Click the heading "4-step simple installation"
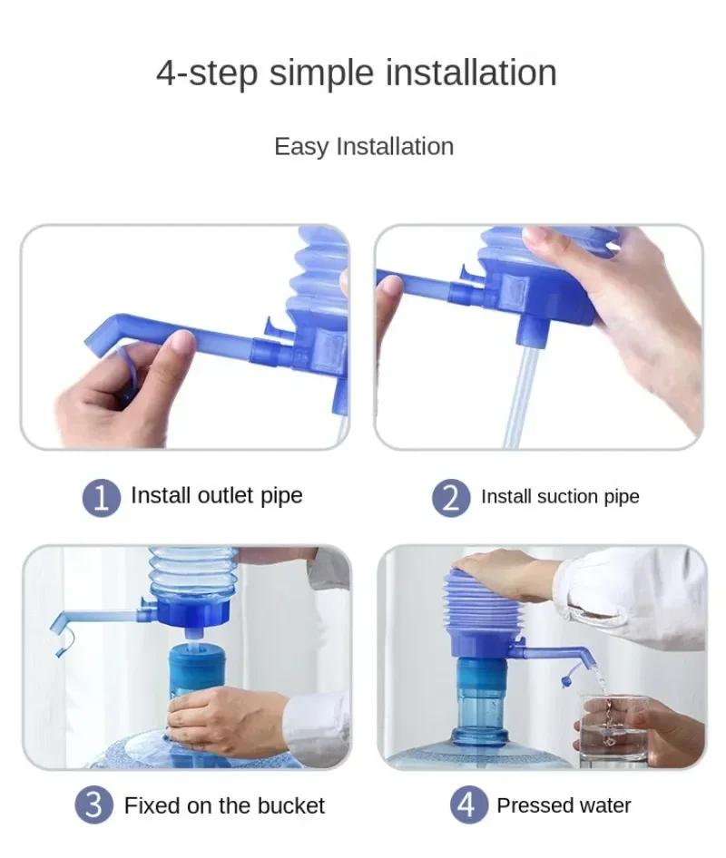pyautogui.click(x=357, y=73)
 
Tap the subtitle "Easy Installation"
pyautogui.click(x=363, y=147)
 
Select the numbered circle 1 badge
pyautogui.click(x=102, y=498)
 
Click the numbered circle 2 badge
pyautogui.click(x=451, y=498)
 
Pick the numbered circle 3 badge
pyautogui.click(x=94, y=805)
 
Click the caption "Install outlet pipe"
pyautogui.click(x=216, y=496)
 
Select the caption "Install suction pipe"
pyautogui.click(x=560, y=497)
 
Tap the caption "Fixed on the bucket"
pyautogui.click(x=224, y=805)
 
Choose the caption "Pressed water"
pyautogui.click(x=564, y=805)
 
